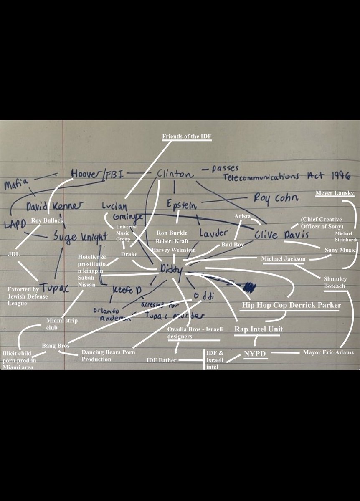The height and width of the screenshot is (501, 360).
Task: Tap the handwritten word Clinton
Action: (175, 175)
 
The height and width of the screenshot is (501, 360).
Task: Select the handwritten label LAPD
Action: (15, 224)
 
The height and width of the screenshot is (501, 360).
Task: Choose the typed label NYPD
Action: (255, 354)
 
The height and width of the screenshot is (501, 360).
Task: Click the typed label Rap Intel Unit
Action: (258, 329)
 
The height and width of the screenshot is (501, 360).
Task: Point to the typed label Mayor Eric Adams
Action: (328, 352)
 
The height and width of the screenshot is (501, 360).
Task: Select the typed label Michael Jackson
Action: (283, 259)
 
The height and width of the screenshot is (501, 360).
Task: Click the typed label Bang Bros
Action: (56, 346)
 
